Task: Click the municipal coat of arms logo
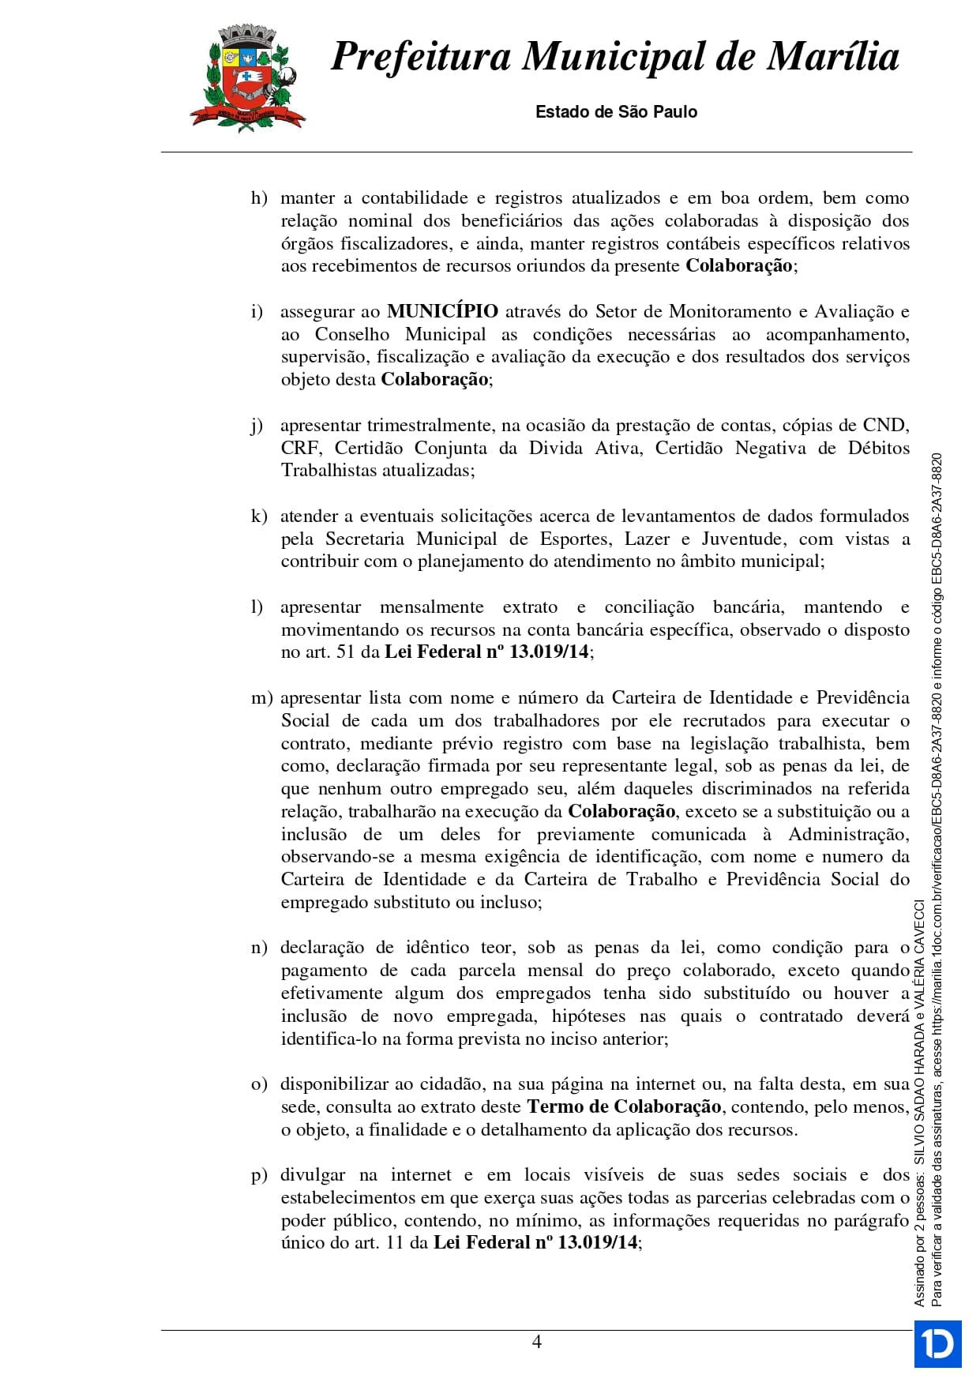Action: tap(247, 77)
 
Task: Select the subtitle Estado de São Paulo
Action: tap(616, 112)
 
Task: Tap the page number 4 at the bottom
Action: tap(537, 1342)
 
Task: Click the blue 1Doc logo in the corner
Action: tap(937, 1343)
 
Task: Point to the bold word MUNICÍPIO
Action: tap(442, 312)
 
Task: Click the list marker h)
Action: tap(259, 198)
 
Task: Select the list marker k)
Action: tap(259, 516)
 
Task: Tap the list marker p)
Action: tap(259, 1176)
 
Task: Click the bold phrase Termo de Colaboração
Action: tap(624, 1107)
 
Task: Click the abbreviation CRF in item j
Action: tap(300, 449)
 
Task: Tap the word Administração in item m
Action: tap(848, 835)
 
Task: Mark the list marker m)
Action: tap(261, 698)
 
